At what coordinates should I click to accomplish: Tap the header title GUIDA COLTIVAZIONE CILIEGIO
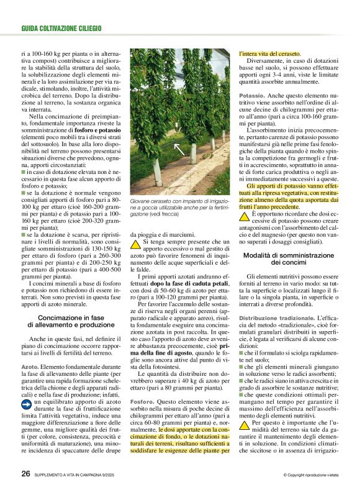pos(61,29)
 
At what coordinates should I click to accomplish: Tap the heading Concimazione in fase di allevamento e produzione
pos(72,321)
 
